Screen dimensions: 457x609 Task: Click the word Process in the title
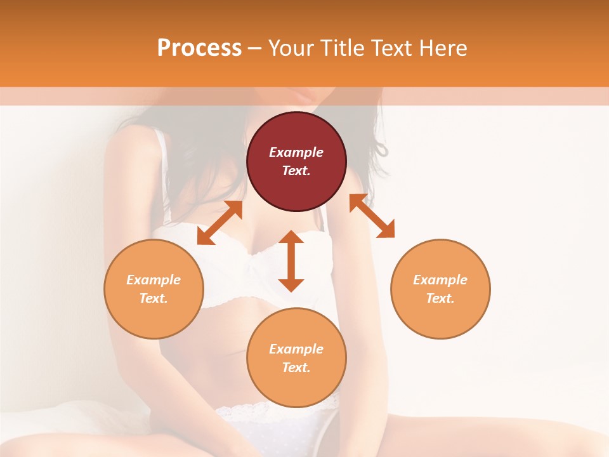199,48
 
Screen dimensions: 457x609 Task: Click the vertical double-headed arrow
291,261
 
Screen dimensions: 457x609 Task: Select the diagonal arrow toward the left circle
219,223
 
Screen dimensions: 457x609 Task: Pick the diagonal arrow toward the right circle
372,216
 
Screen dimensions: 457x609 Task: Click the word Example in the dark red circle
296,152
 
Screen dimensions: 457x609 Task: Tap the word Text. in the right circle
440,298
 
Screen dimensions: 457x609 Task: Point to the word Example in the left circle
154,280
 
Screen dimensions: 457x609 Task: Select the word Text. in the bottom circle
296,368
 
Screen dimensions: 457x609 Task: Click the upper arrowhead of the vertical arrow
291,237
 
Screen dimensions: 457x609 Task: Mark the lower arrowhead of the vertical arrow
291,285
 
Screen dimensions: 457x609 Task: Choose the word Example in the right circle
440,280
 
